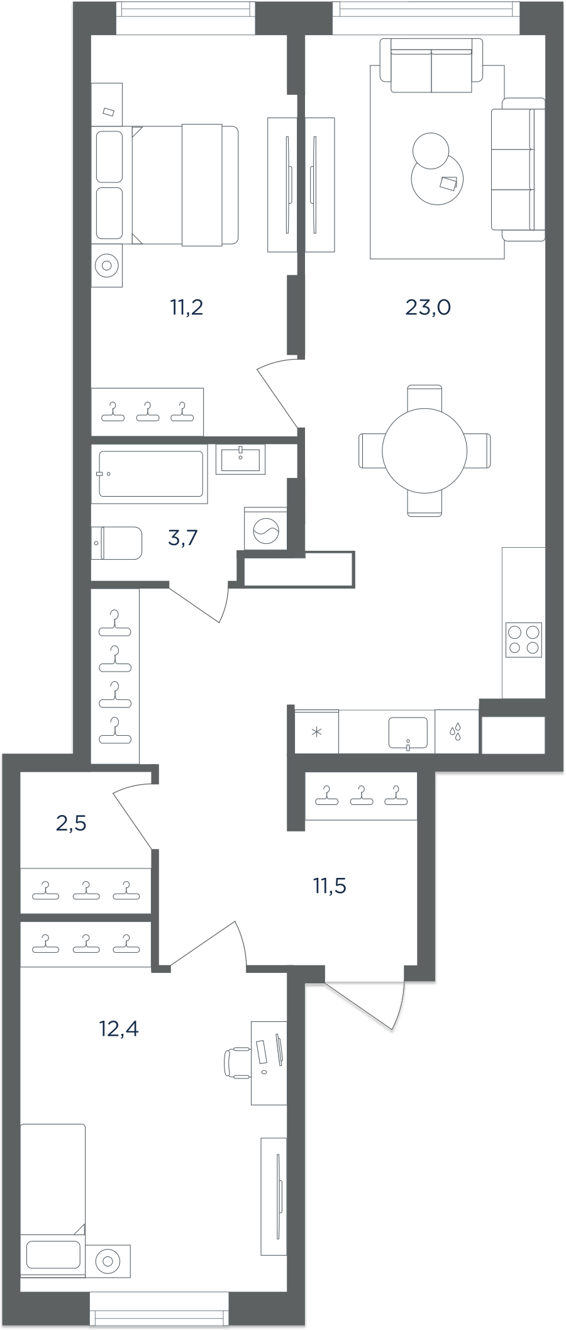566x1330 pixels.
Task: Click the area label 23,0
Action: [428, 308]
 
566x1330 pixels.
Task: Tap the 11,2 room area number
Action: [187, 308]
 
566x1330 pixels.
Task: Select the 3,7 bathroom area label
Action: [183, 538]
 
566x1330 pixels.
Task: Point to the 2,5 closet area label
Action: [71, 823]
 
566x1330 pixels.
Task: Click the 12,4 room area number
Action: [119, 1028]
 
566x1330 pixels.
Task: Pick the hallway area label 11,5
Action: [330, 885]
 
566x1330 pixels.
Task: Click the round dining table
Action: [425, 450]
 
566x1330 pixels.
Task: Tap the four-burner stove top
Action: [524, 640]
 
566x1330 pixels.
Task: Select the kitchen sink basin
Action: [408, 733]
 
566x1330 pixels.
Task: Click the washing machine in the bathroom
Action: [265, 528]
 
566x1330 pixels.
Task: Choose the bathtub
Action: [150, 474]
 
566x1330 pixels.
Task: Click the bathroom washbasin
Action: [240, 458]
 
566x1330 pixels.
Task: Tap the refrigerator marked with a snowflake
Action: [317, 732]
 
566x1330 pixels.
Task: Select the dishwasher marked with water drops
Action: [457, 732]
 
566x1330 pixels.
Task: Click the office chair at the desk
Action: [238, 1063]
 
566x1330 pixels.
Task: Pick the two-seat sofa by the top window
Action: [431, 65]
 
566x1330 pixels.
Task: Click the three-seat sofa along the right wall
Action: [518, 169]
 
